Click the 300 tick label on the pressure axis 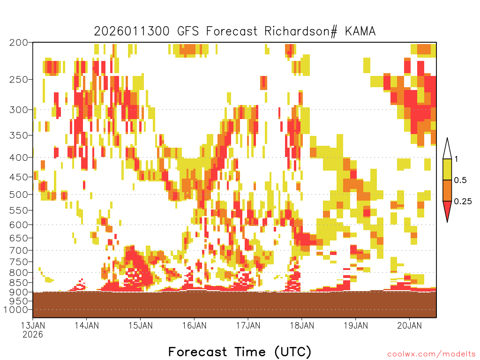[x=19, y=110]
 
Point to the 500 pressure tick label [x=19, y=195]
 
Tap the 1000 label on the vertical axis [x=16, y=310]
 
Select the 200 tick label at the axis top [x=19, y=43]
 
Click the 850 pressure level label [x=19, y=282]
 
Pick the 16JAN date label [x=195, y=325]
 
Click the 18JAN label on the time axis [x=302, y=325]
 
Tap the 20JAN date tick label [x=410, y=325]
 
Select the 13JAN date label [x=33, y=325]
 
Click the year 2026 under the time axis [x=33, y=334]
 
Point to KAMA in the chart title [x=360, y=31]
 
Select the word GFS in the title [x=188, y=31]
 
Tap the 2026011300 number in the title [x=132, y=31]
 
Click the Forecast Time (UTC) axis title [x=240, y=352]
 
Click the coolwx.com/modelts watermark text [x=432, y=354]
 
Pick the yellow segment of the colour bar [x=447, y=169]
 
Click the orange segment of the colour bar [x=447, y=190]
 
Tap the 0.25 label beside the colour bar [x=463, y=202]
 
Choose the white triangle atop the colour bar [x=447, y=150]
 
